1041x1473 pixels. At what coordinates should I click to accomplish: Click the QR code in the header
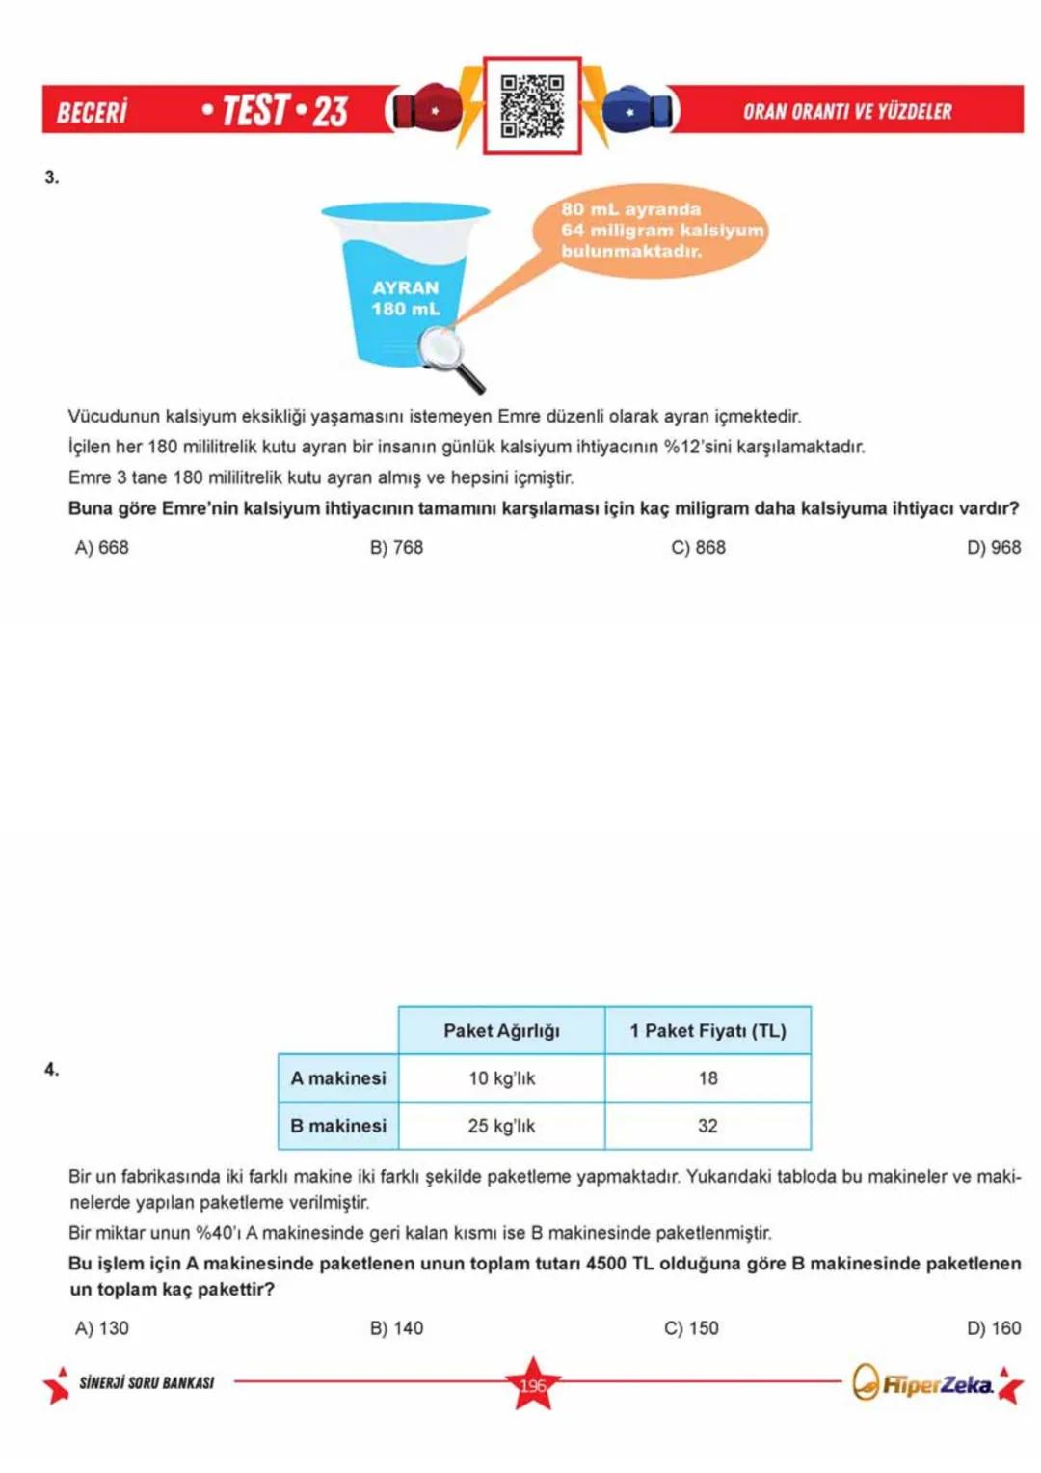tap(532, 105)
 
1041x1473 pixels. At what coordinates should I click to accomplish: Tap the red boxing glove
tap(426, 109)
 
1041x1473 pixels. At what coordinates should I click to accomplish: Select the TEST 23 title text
tap(276, 111)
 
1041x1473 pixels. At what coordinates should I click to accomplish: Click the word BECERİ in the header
tap(92, 112)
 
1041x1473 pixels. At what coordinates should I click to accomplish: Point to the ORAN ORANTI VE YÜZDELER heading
tap(846, 112)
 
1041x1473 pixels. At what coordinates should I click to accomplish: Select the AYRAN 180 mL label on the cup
tap(405, 298)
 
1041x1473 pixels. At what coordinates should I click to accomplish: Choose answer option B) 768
tap(396, 547)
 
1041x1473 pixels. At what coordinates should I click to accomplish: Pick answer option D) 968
tap(993, 547)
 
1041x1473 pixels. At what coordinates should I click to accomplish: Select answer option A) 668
tap(101, 547)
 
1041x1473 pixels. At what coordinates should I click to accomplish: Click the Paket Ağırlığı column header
tap(501, 1030)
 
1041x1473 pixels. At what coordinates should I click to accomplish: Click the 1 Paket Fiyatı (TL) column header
tap(707, 1030)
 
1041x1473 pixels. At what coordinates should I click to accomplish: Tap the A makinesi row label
tap(338, 1077)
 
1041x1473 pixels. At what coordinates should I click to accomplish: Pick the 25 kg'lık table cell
tap(501, 1125)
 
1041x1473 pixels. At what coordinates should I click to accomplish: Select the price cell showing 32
tap(707, 1125)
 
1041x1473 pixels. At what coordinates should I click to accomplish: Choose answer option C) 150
tap(691, 1327)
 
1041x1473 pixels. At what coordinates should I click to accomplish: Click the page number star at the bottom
tap(532, 1384)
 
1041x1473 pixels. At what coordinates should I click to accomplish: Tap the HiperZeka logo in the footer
tap(923, 1384)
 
